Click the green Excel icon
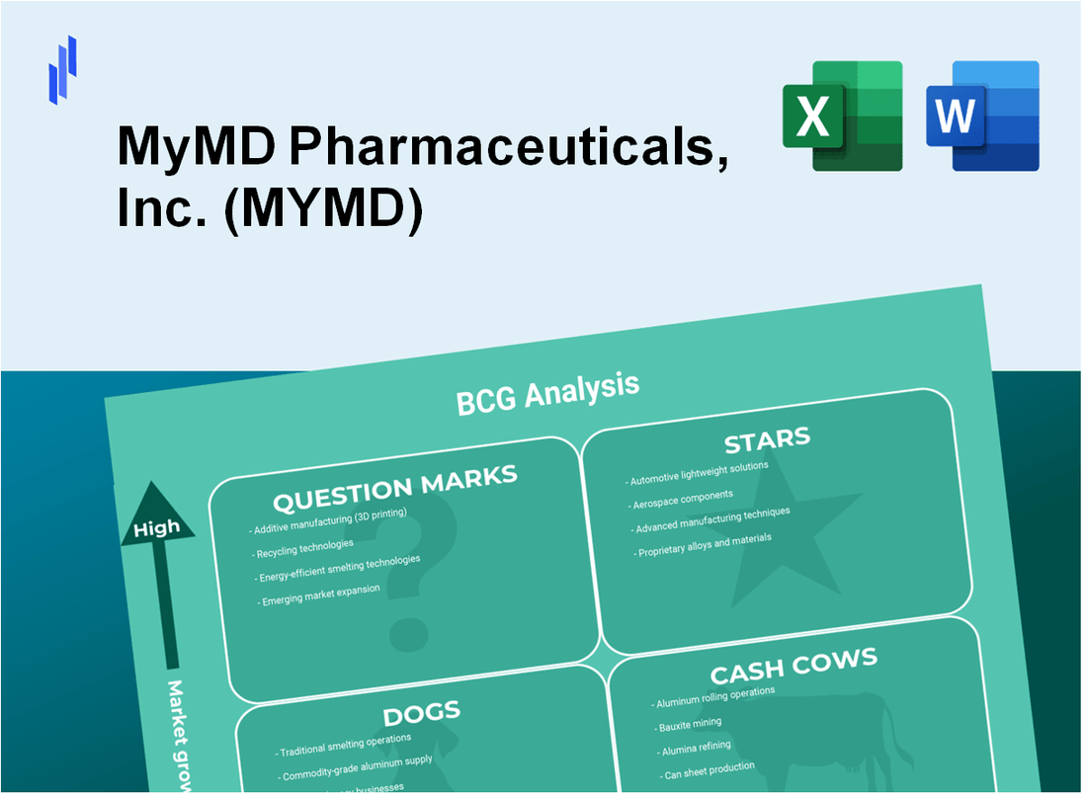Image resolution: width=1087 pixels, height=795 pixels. [x=842, y=116]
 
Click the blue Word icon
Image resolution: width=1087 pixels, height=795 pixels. [x=983, y=116]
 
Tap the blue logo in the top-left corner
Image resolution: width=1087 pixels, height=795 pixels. [x=62, y=69]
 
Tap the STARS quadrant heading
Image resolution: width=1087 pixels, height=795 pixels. [x=767, y=438]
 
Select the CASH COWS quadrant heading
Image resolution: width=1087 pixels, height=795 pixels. [x=793, y=668]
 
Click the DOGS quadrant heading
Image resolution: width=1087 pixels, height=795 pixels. [x=421, y=713]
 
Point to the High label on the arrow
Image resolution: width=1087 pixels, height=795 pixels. [x=157, y=528]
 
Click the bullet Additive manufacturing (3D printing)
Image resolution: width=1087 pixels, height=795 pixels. [x=329, y=520]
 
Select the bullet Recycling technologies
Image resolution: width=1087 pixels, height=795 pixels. [x=304, y=545]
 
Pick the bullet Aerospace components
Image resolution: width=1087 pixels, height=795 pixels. [x=682, y=497]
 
